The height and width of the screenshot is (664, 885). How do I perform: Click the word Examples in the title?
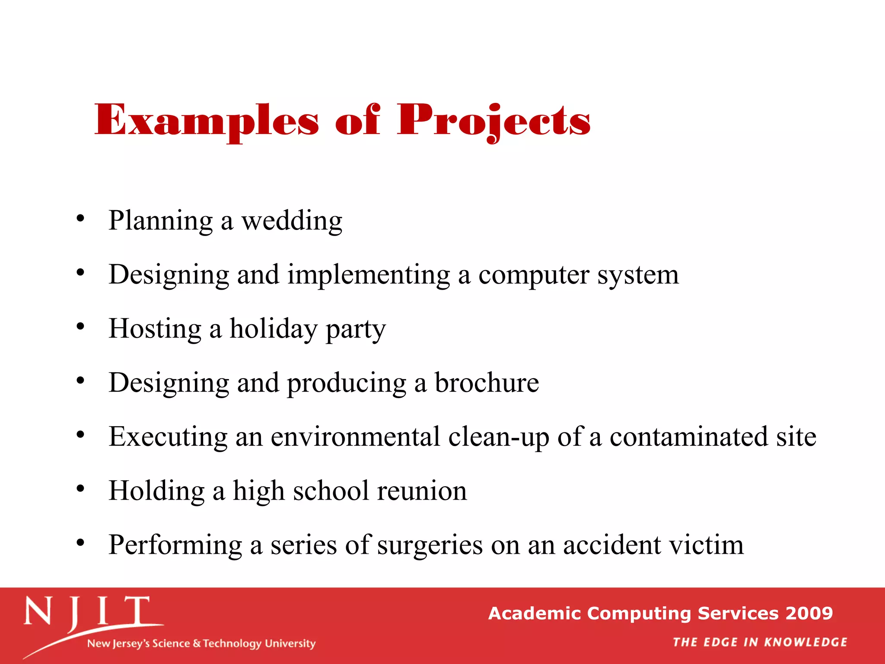tap(207, 120)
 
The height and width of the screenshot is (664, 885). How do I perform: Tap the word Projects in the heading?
tap(493, 120)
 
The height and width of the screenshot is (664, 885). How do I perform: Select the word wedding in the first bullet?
tap(292, 221)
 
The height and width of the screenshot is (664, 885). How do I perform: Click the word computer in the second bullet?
tap(534, 275)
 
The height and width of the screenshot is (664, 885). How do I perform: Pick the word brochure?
tap(487, 383)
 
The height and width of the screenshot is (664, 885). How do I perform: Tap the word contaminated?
tap(688, 437)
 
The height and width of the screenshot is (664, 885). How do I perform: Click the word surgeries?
tap(430, 545)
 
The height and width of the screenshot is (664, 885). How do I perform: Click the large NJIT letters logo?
tap(86, 612)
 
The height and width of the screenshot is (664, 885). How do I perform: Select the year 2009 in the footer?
tap(809, 613)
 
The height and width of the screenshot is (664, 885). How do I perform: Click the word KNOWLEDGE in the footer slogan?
tap(805, 642)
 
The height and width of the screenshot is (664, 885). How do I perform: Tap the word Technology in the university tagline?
tap(232, 644)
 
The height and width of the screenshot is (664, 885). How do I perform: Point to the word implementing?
tap(369, 275)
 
